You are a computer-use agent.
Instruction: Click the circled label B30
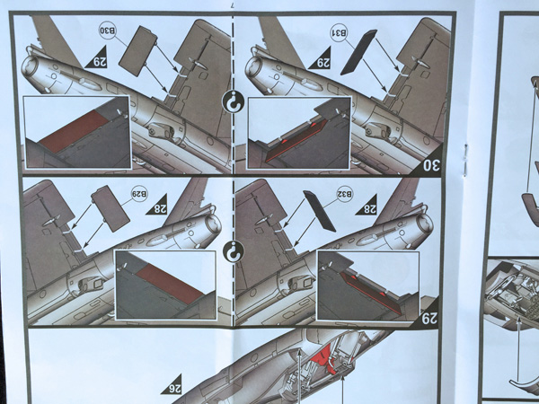pos(108,31)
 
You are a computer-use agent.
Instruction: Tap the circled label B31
pos(339,32)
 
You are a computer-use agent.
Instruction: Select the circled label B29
pos(139,194)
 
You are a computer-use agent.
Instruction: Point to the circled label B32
pos(345,194)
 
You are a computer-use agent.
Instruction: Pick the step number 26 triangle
pos(173,385)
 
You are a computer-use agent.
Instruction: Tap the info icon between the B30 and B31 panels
pos(233,101)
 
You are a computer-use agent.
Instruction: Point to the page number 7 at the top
pos(233,5)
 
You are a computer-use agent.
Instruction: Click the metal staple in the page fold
pos(465,161)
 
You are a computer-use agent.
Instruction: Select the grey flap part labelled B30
pos(137,51)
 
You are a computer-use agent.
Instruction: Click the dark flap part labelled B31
pos(358,52)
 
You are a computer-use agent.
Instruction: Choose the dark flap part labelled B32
pos(319,211)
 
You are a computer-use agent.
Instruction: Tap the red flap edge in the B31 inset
pos(296,140)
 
